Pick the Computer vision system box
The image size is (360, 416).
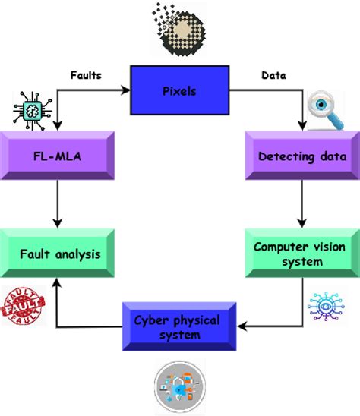(x=302, y=253)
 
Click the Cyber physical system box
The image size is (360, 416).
(x=178, y=327)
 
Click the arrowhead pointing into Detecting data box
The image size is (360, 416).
(x=302, y=126)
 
